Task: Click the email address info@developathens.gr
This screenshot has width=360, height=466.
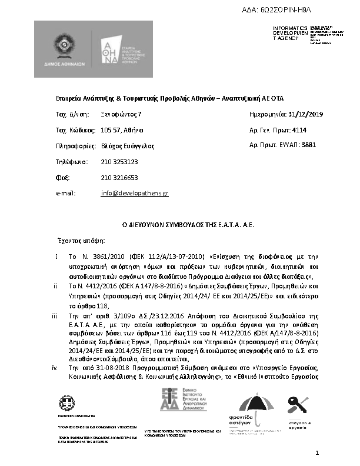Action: [x=135, y=193]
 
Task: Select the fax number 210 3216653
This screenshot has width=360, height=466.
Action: [x=119, y=177]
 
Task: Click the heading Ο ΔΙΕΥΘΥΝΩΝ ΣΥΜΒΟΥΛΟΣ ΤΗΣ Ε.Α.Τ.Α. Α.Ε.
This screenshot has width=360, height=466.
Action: [x=178, y=225]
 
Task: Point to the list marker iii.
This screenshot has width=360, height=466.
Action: [x=55, y=316]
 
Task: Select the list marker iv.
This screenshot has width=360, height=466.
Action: [x=55, y=368]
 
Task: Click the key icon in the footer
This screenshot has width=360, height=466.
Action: [x=296, y=405]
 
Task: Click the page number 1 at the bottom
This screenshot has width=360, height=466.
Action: [x=317, y=452]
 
